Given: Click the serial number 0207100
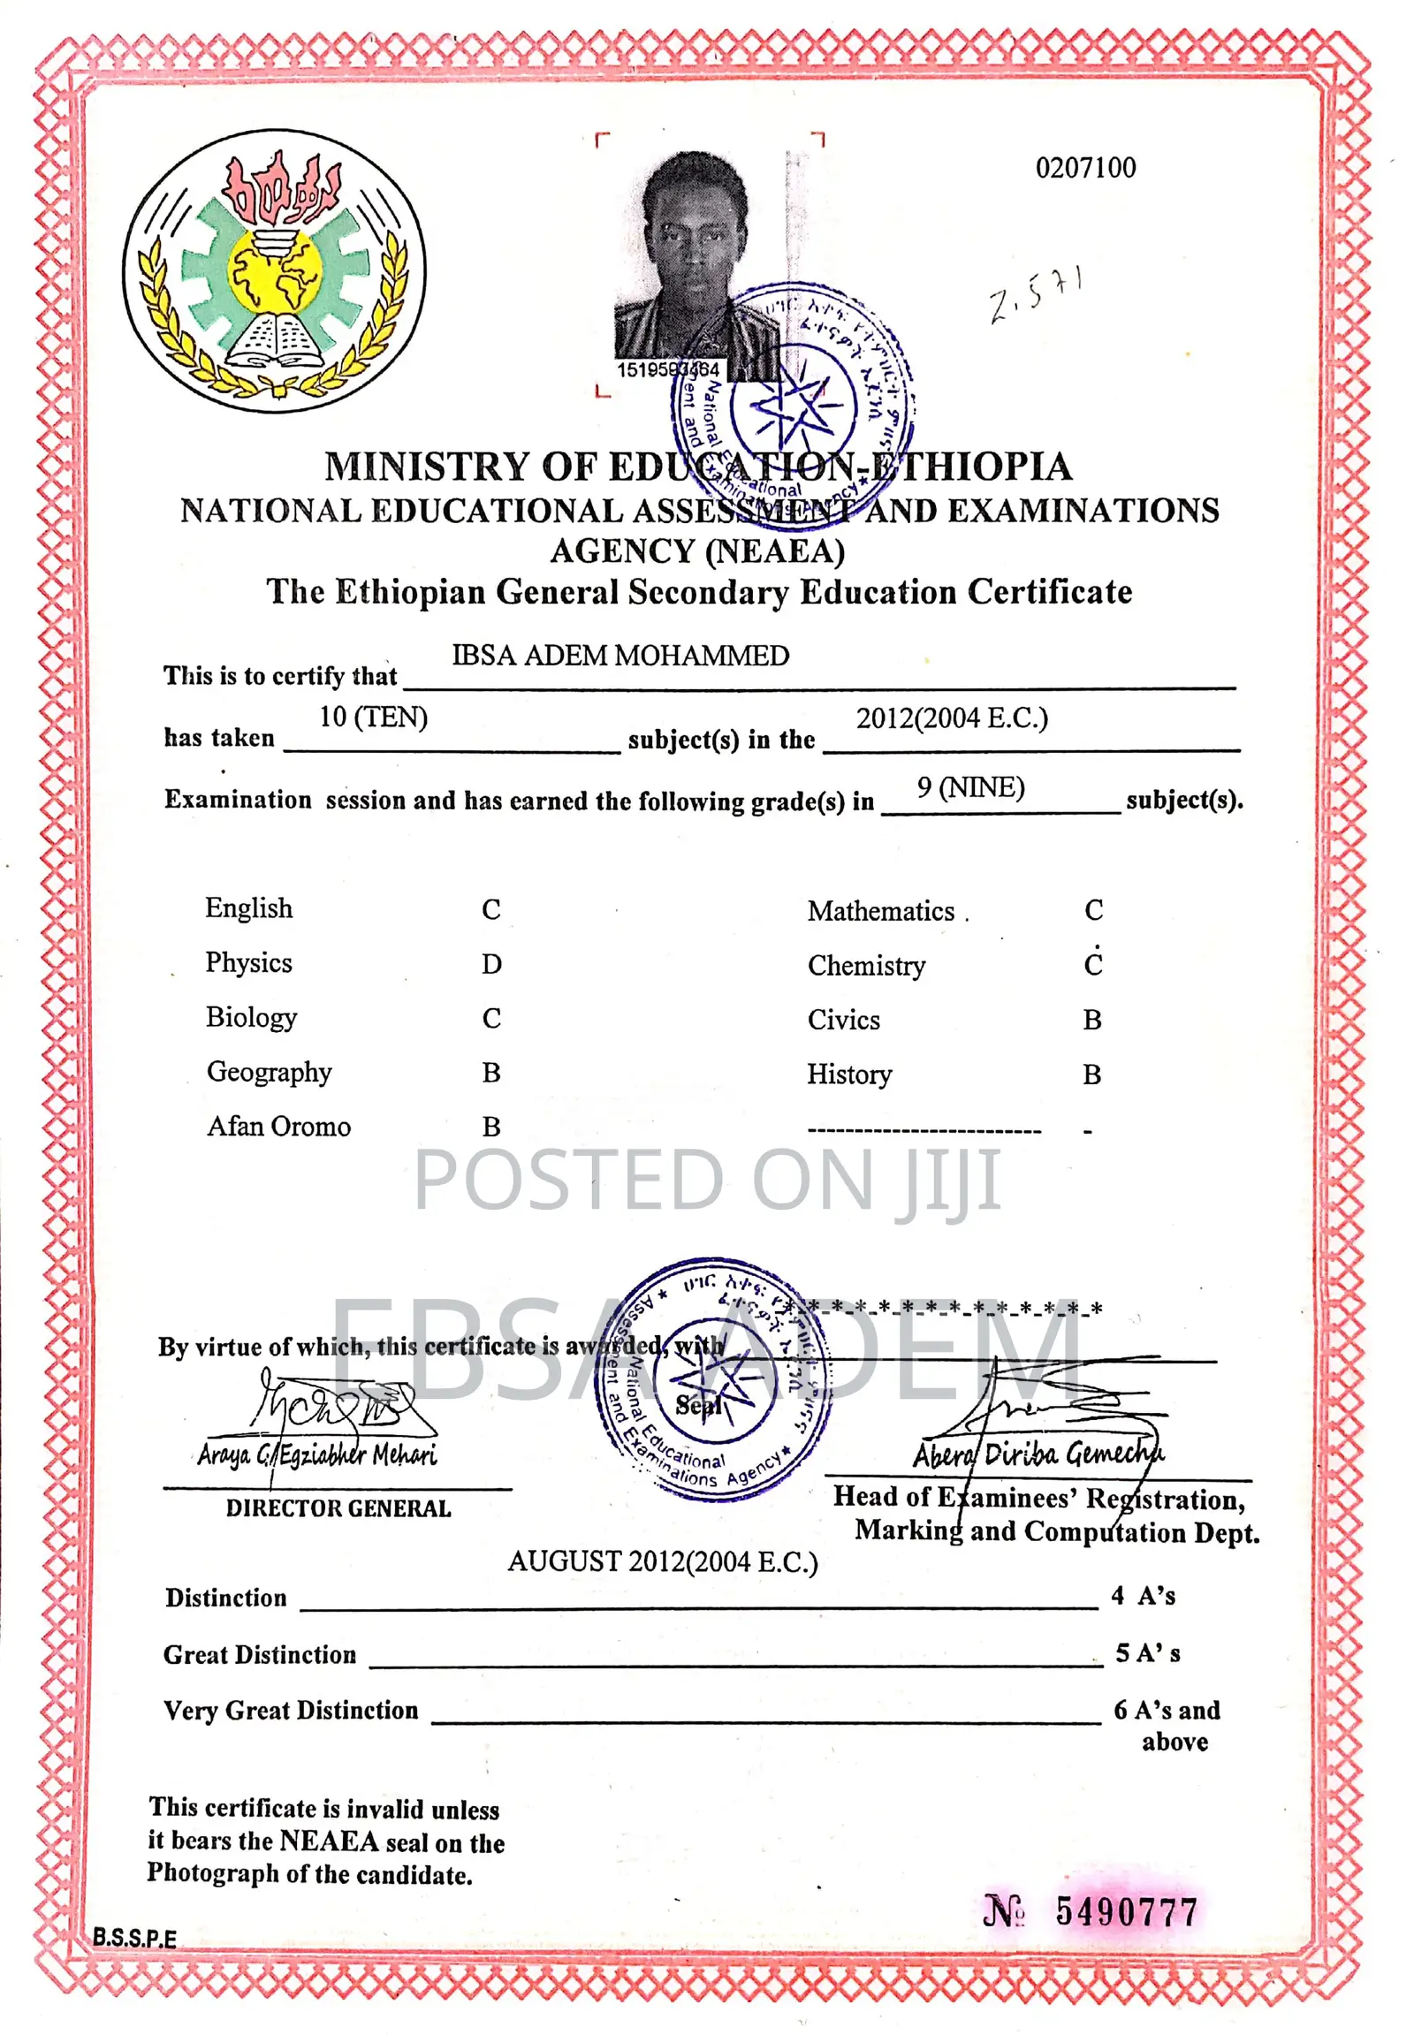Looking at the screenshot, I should pos(1085,167).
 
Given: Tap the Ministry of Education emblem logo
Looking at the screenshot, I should pos(274,270).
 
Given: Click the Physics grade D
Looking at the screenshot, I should pos(491,964).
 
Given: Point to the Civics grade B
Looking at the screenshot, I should pos(1092,1020).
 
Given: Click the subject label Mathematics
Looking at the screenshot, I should pos(880,911).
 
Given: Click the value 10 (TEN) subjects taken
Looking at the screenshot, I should pos(373,717).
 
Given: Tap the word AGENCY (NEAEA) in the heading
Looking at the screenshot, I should pos(697,551).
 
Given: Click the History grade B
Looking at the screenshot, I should pos(1091,1074).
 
